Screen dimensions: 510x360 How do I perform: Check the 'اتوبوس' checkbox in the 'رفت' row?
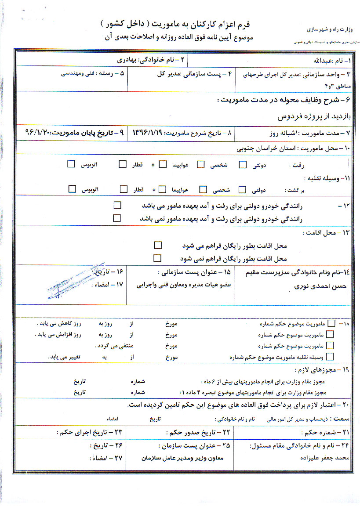pyautogui.click(x=71, y=165)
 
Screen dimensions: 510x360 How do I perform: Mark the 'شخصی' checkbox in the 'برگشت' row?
pyautogui.click(x=203, y=189)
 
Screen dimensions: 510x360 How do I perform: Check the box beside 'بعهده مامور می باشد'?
pyautogui.click(x=117, y=205)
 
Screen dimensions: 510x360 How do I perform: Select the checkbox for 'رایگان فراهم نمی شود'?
pyautogui.click(x=158, y=258)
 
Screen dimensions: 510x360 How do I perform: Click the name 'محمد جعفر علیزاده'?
pyautogui.click(x=323, y=458)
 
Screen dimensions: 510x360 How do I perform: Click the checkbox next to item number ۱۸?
pyautogui.click(x=331, y=324)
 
